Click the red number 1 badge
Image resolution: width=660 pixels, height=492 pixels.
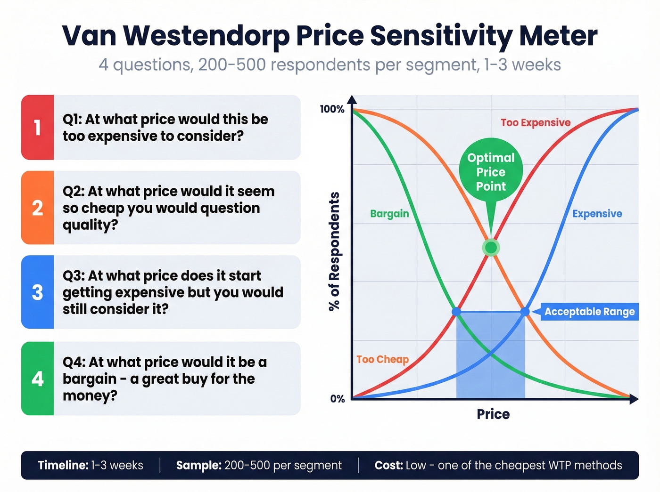[x=37, y=128]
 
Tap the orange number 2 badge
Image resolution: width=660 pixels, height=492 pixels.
[x=37, y=208]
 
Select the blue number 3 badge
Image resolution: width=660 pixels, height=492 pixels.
[x=37, y=292]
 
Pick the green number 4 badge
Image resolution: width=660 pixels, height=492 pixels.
[x=37, y=379]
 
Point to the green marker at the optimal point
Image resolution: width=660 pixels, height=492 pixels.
[x=491, y=248]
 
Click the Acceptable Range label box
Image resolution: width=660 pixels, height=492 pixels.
[x=589, y=312]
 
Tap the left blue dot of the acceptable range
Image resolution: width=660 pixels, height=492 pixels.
[x=456, y=312]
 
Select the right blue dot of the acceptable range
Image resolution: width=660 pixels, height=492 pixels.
[x=525, y=312]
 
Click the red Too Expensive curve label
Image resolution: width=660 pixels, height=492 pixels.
[x=535, y=123]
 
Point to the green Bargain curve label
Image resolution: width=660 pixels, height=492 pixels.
[x=389, y=214]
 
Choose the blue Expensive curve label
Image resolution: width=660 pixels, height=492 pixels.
[x=597, y=214]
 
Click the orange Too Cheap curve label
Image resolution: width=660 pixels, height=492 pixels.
[x=382, y=360]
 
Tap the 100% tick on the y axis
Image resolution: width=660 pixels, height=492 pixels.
[x=332, y=109]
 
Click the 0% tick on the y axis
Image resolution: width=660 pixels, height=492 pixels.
[x=337, y=399]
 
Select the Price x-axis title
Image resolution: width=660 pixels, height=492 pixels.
[x=493, y=414]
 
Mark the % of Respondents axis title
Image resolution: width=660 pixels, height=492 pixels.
[x=334, y=251]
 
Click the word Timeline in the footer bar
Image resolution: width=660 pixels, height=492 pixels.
[x=63, y=466]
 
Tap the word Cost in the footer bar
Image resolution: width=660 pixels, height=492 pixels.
[x=388, y=466]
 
